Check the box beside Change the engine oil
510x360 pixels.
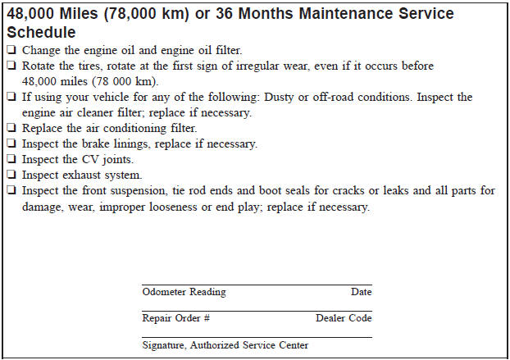coord(11,50)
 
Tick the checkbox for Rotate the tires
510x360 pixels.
coord(11,66)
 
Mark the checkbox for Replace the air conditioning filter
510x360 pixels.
coord(11,128)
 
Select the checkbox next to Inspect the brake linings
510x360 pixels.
coord(11,144)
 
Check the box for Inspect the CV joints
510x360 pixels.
coord(11,159)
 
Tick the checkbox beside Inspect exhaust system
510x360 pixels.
coord(11,175)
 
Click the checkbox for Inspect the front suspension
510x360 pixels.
coord(11,190)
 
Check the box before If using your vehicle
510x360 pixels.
coord(11,97)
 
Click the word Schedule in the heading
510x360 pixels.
coord(41,33)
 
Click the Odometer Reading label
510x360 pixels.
coord(184,292)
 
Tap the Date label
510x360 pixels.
coord(361,292)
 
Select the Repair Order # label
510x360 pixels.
coord(176,318)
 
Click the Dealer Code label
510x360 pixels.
coord(344,318)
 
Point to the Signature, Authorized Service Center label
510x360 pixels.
coord(225,345)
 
